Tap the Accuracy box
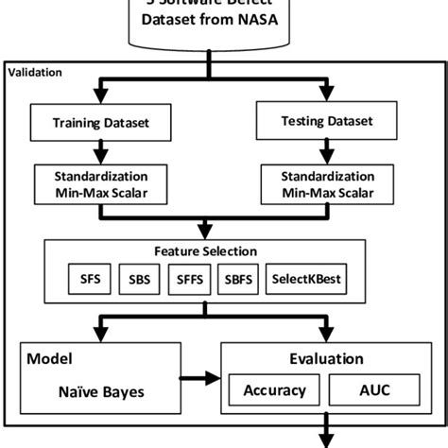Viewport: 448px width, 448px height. [x=274, y=389]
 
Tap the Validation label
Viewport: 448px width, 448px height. [x=36, y=72]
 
